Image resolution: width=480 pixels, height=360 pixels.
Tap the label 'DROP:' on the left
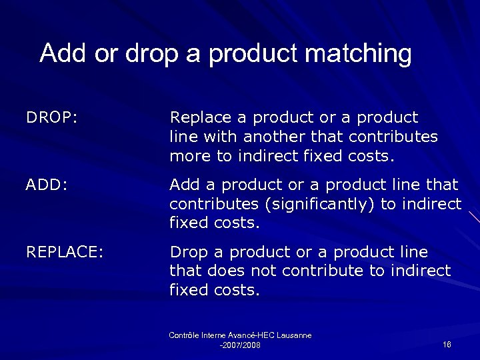tap(52, 118)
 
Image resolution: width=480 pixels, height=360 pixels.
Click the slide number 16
tap(447, 344)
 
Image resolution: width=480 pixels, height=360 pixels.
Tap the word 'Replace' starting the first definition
tap(200, 118)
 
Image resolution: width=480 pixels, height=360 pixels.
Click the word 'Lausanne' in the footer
tap(291, 335)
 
